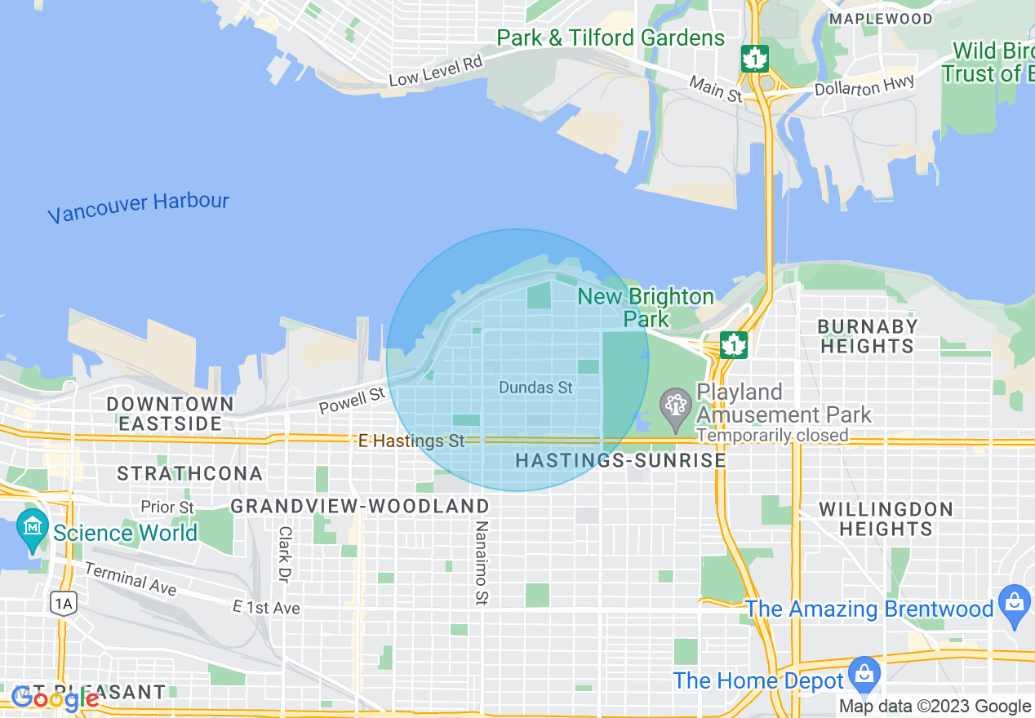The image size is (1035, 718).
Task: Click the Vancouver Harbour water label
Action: tap(138, 207)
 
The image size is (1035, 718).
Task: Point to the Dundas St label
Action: tap(535, 388)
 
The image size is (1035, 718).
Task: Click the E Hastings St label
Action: tap(411, 441)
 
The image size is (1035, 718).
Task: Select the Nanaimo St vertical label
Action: tap(481, 563)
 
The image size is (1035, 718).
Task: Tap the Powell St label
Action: tap(352, 401)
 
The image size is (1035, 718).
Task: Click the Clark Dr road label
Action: tap(284, 554)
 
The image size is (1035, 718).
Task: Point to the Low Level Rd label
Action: tap(435, 70)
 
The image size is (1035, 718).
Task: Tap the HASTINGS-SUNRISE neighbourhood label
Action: tap(620, 461)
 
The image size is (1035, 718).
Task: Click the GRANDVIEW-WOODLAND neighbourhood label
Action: tap(359, 507)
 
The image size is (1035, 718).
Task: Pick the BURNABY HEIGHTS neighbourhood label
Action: tap(867, 336)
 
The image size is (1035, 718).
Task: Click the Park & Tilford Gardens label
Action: tap(611, 38)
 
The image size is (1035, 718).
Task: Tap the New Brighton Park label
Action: tap(646, 307)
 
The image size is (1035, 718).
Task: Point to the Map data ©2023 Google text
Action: tap(935, 707)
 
